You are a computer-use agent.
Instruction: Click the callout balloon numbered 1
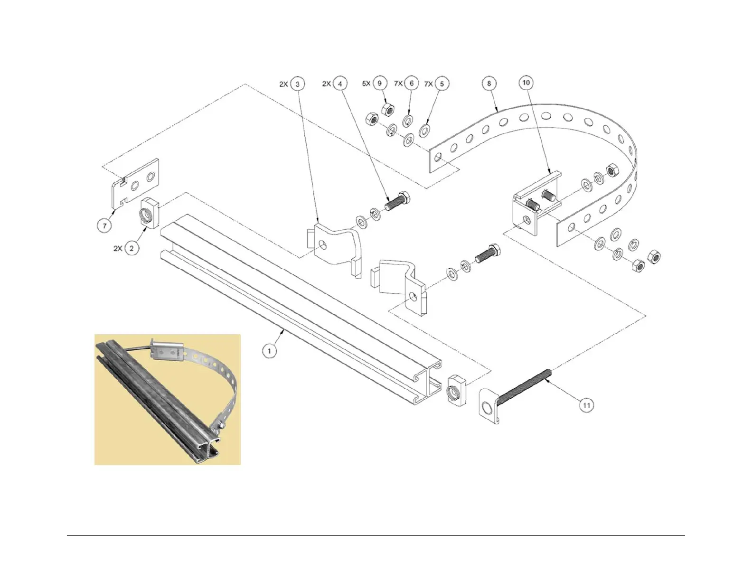(x=270, y=351)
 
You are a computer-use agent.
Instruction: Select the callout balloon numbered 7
(x=105, y=225)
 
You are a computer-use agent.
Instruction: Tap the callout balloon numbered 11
(x=587, y=405)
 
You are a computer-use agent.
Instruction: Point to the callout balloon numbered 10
(x=526, y=83)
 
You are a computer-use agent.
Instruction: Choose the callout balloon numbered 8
(x=489, y=84)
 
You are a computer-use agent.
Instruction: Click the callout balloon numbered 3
(x=298, y=84)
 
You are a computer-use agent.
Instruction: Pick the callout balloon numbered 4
(x=340, y=84)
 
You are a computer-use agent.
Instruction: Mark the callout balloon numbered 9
(x=379, y=84)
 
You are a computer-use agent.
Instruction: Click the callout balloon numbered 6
(x=412, y=84)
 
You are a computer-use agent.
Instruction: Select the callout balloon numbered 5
(x=442, y=84)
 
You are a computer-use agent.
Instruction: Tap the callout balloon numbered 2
(x=132, y=248)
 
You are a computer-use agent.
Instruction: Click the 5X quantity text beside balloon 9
(x=367, y=84)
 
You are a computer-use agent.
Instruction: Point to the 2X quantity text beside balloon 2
(x=118, y=248)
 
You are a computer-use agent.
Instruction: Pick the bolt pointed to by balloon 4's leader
(x=398, y=202)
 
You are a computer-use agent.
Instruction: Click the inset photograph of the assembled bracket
(x=168, y=400)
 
